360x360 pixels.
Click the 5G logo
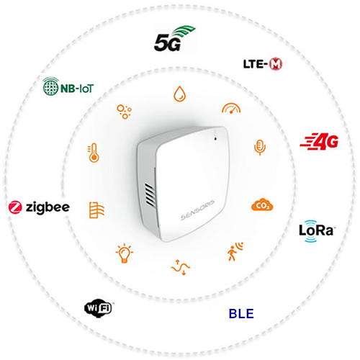click(x=175, y=38)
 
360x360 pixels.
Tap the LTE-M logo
click(x=263, y=64)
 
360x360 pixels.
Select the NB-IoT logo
click(x=68, y=86)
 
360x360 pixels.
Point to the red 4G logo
click(x=319, y=141)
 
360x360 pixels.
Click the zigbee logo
click(x=39, y=207)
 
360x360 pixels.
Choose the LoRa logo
click(x=316, y=231)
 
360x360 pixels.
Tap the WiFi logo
click(x=99, y=308)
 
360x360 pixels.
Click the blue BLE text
click(x=241, y=314)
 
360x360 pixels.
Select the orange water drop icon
click(x=180, y=94)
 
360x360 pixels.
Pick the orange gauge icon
click(x=231, y=108)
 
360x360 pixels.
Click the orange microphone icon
click(x=260, y=147)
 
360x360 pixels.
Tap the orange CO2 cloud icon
click(x=262, y=204)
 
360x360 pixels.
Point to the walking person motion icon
click(x=235, y=251)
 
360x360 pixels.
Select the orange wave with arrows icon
click(x=181, y=267)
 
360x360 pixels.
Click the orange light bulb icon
click(x=125, y=253)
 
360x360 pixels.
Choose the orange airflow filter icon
click(x=96, y=210)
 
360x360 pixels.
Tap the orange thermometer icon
click(x=94, y=153)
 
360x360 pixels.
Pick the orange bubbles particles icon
click(x=124, y=112)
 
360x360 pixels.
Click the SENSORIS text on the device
click(x=198, y=210)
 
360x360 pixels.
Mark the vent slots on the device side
click(x=150, y=195)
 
